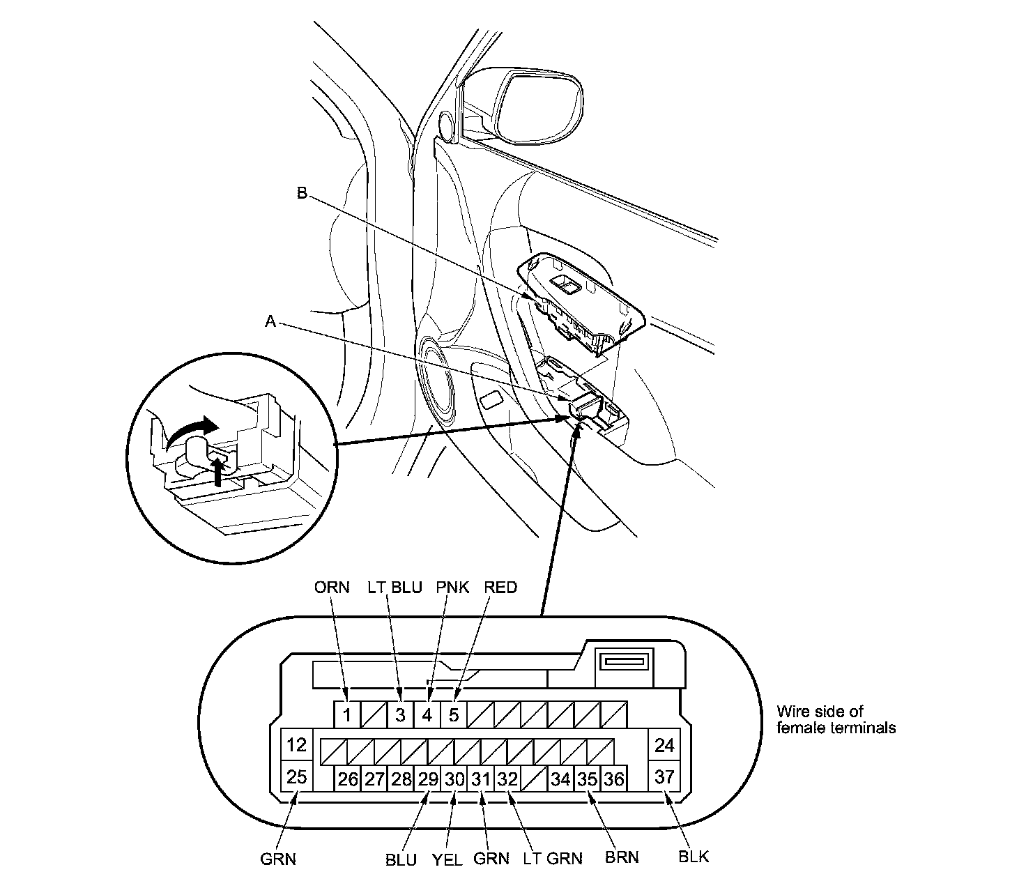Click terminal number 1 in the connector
(x=346, y=714)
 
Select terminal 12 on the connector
(x=296, y=745)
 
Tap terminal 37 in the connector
(x=664, y=776)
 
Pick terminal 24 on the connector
(x=664, y=745)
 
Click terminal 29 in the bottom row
(x=427, y=779)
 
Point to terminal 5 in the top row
(x=454, y=714)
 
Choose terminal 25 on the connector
(x=296, y=776)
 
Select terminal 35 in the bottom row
(x=587, y=779)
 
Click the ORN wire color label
(x=331, y=588)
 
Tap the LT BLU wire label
(x=395, y=588)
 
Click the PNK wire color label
(x=452, y=588)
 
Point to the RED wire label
(x=500, y=588)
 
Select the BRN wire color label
(x=621, y=857)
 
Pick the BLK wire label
(x=694, y=857)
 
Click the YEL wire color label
(x=447, y=859)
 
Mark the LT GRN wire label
(x=553, y=859)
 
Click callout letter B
(x=302, y=193)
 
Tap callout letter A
(x=271, y=321)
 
